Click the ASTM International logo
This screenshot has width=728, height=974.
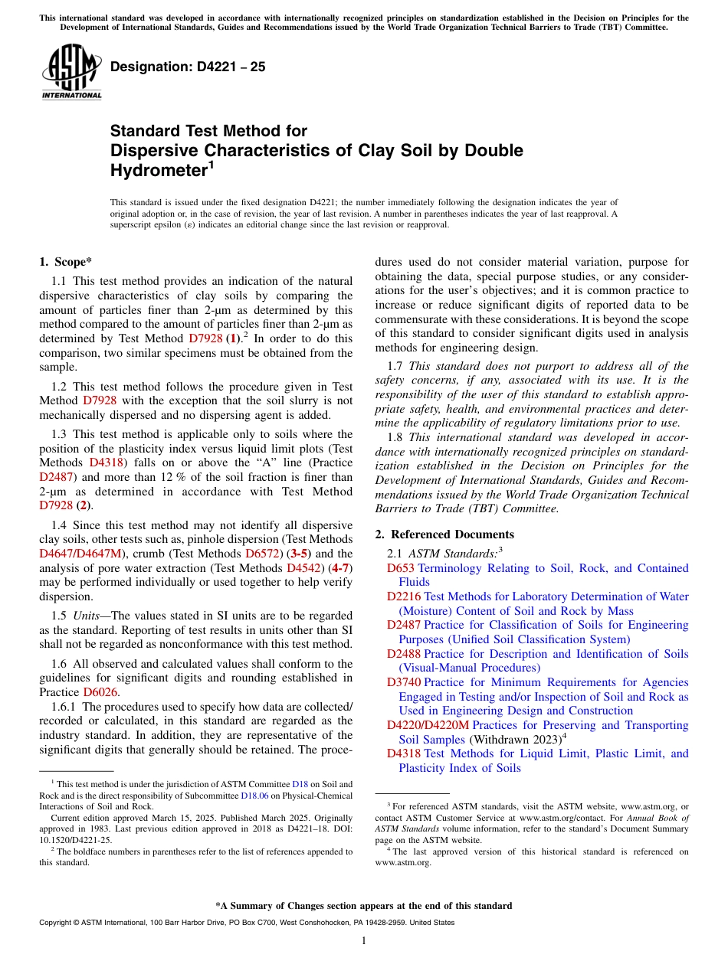coord(71,74)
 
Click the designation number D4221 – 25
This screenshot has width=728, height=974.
coord(188,67)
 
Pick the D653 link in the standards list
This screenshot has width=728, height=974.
coord(400,568)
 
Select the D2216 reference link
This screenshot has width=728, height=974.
coord(403,596)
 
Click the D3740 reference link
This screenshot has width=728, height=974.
coord(403,682)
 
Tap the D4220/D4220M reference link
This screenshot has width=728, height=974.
coord(428,725)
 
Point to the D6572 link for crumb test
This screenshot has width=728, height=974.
coord(261,554)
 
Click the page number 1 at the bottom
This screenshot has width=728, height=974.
coord(364,941)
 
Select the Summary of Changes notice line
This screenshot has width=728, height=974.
coord(364,906)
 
